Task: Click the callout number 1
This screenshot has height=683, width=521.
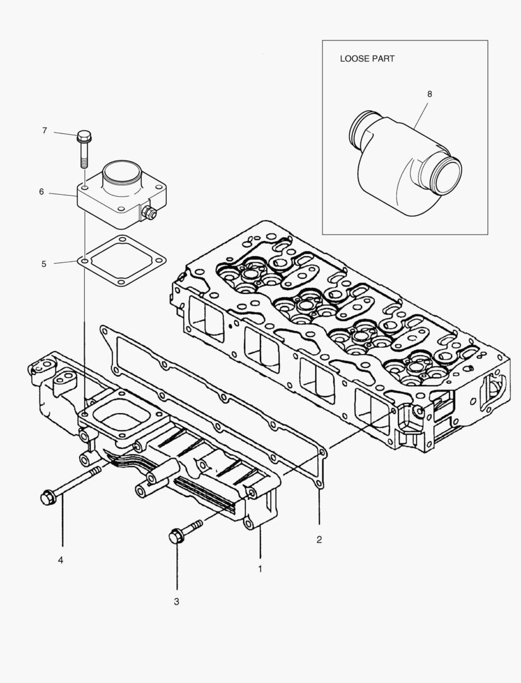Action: click(x=259, y=569)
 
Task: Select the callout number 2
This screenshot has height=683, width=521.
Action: click(x=319, y=539)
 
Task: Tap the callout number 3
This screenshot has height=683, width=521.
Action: click(x=176, y=601)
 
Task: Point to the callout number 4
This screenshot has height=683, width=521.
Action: click(x=61, y=560)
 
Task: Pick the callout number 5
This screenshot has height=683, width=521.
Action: click(x=44, y=264)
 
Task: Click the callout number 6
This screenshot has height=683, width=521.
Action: click(x=41, y=191)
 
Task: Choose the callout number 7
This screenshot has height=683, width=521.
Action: click(x=44, y=130)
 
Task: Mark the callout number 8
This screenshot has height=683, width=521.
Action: click(x=429, y=94)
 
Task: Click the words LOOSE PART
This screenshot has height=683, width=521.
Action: click(x=367, y=59)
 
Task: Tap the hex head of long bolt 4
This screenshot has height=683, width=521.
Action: click(x=47, y=498)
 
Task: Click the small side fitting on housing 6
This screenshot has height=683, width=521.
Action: click(x=149, y=213)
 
